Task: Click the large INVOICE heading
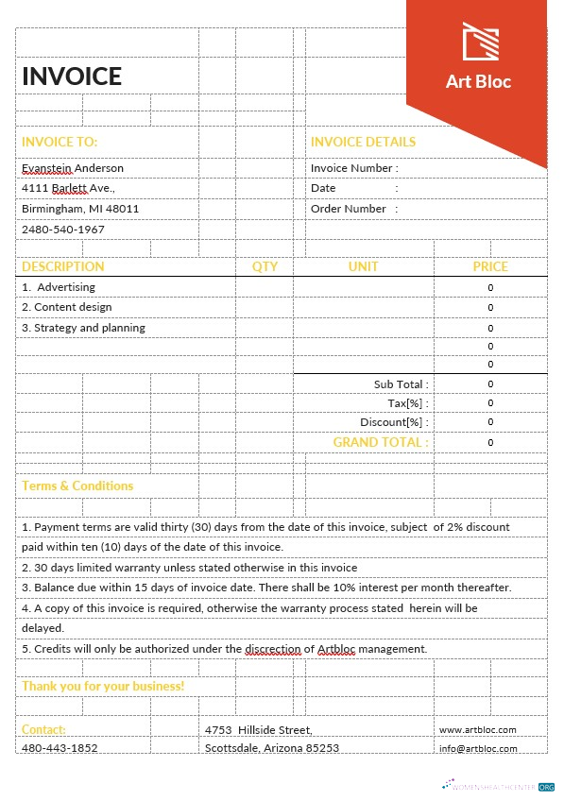72,77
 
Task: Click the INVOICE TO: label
60,142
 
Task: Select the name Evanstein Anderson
73,168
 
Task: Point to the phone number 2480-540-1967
63,230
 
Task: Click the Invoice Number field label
354,168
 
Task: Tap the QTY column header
265,266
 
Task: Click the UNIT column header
363,266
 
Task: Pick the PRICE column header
490,266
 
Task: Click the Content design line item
67,307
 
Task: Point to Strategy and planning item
84,328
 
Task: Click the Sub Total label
401,384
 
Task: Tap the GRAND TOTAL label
380,442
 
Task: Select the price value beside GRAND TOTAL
490,442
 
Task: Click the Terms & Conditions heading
77,486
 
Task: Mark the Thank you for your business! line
103,686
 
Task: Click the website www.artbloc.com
477,729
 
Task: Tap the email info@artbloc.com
478,749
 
